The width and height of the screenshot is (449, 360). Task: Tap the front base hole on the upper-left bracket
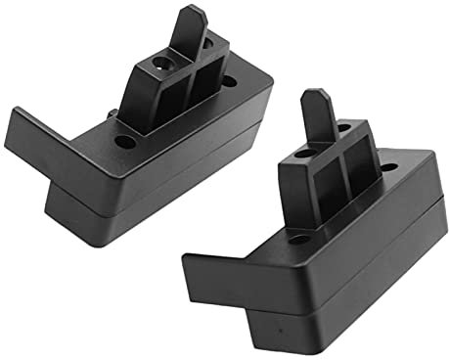pyautogui.click(x=125, y=141)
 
